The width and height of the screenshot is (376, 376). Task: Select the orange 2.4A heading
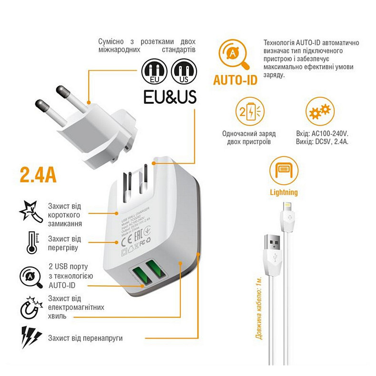point(39,175)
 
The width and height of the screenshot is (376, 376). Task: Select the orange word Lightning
point(283,193)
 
